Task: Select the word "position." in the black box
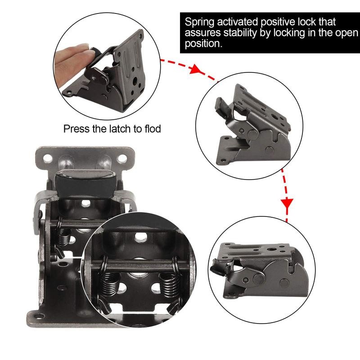pyautogui.click(x=202, y=45)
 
